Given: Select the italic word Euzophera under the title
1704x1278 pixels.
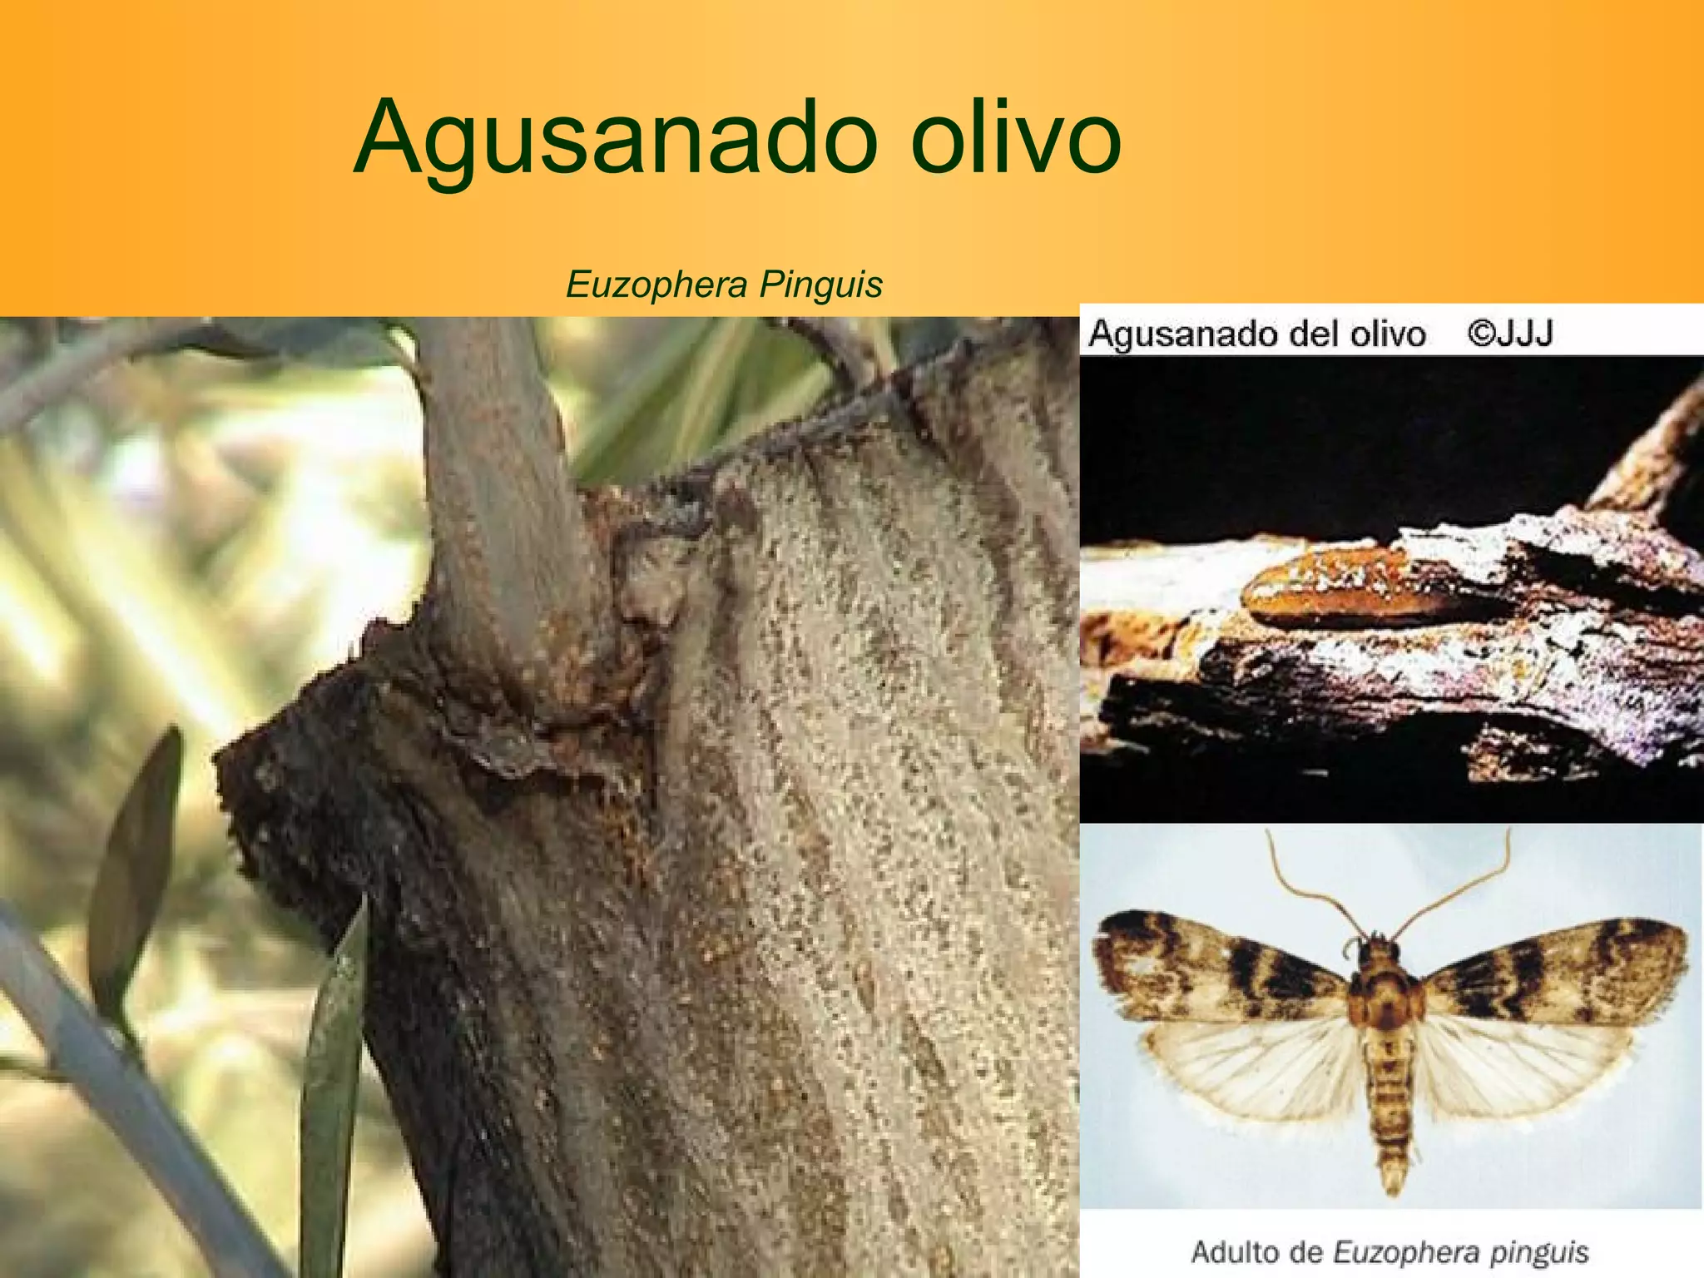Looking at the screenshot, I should [x=656, y=285].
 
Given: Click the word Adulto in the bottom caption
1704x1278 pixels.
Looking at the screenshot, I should [x=1233, y=1251].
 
